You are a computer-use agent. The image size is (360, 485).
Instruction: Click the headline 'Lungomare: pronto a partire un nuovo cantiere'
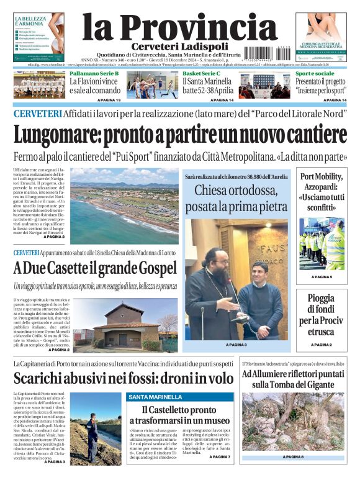coord(180,134)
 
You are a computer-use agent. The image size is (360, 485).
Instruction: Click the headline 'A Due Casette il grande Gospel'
coord(95,269)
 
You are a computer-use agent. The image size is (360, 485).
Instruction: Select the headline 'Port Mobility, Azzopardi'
coord(322,191)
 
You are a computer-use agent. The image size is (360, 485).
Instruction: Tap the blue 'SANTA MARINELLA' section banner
coord(152,396)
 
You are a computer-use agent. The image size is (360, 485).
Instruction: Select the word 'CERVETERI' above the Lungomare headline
coord(37,114)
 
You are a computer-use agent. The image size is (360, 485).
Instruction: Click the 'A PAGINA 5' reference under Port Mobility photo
coord(322,277)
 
